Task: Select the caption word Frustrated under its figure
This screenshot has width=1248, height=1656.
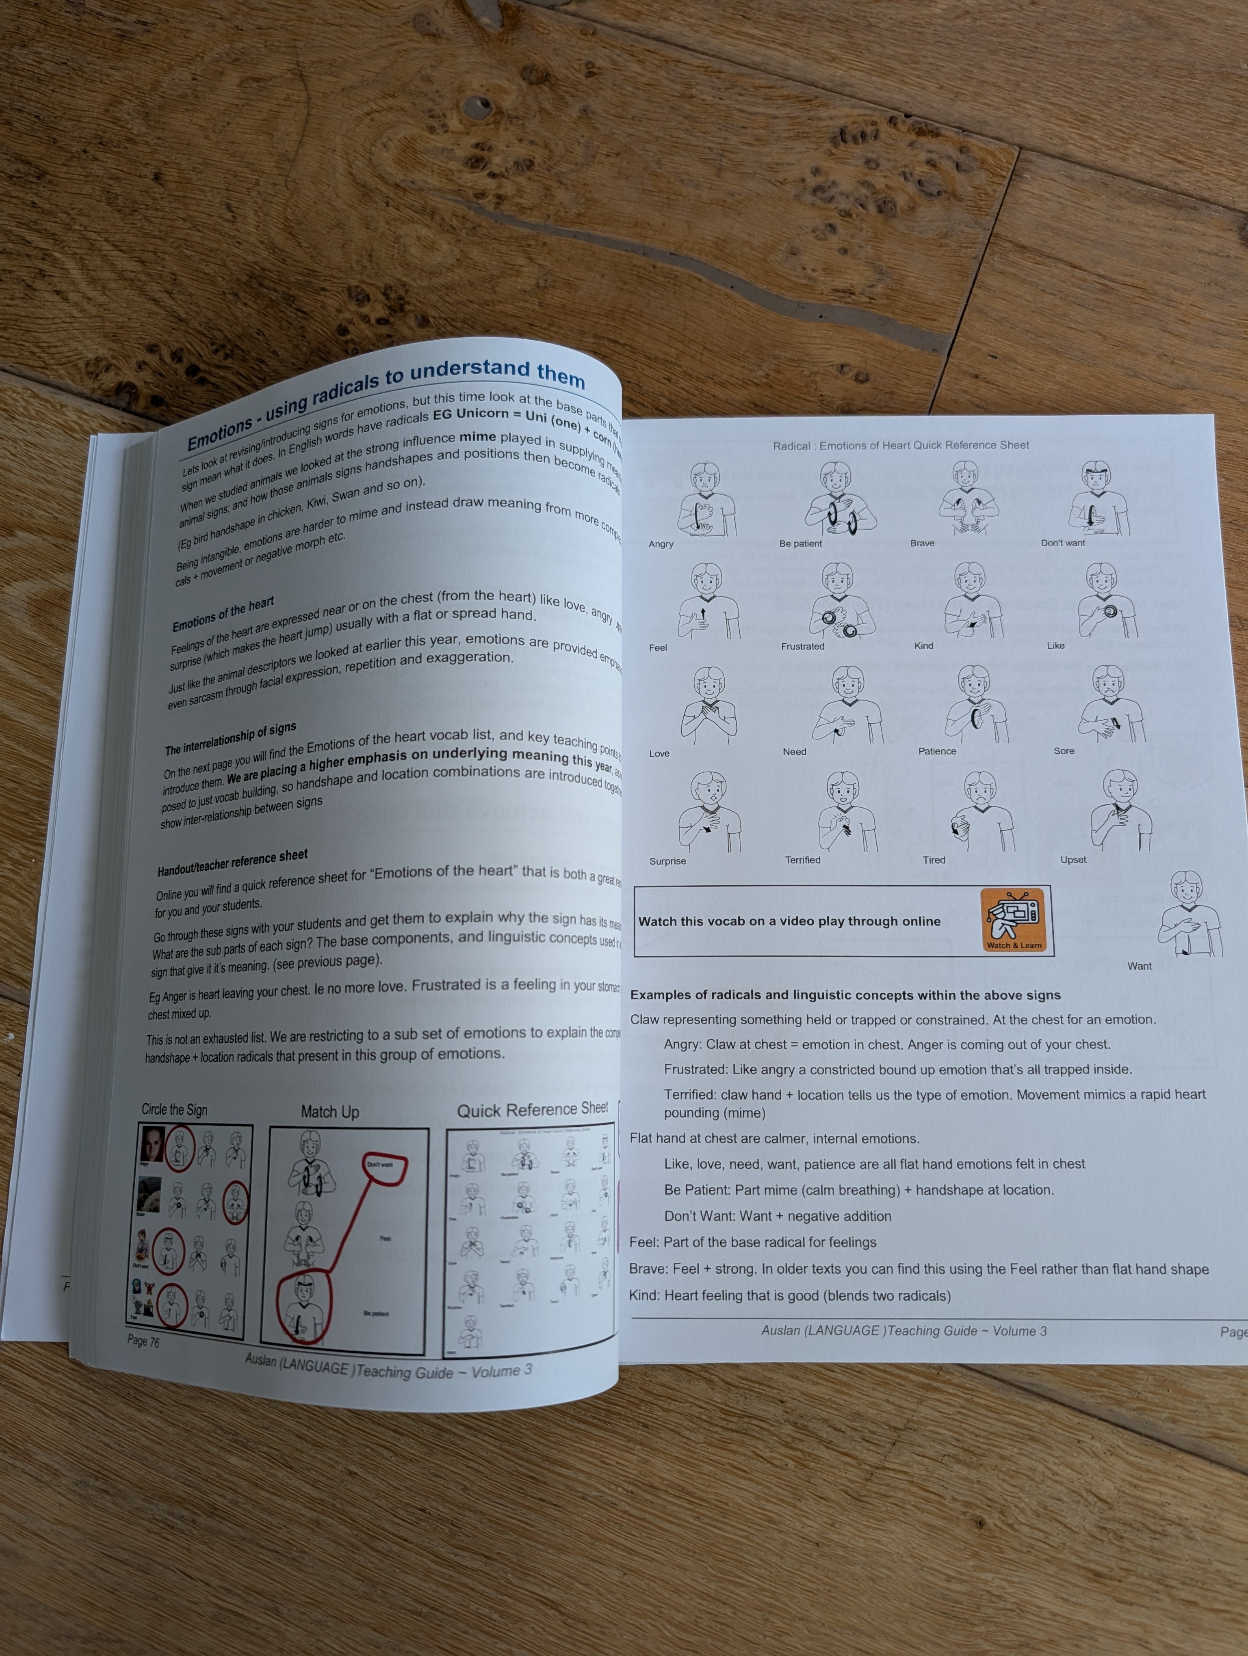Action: click(x=802, y=646)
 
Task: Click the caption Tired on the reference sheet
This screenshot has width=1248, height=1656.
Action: click(x=934, y=859)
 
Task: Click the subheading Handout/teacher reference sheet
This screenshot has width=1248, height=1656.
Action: click(x=232, y=862)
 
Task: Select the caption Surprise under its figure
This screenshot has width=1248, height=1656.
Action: click(x=667, y=861)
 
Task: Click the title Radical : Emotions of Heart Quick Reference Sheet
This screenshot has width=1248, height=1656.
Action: click(x=900, y=445)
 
